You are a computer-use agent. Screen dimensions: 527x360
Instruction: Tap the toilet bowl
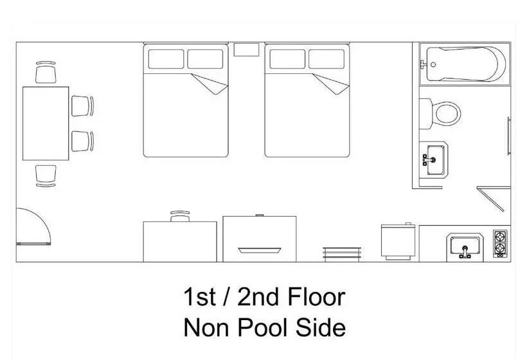446,113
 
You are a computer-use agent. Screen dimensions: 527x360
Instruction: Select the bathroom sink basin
436,160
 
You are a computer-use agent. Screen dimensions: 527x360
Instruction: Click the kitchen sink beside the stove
465,246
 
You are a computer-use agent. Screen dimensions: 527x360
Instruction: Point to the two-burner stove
501,244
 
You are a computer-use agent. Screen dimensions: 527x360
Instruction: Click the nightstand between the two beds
246,50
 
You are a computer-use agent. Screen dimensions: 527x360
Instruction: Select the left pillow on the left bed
166,59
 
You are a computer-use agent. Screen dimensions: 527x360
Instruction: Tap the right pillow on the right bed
326,59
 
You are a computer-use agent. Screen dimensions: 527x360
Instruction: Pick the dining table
46,123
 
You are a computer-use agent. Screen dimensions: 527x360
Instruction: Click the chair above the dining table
46,72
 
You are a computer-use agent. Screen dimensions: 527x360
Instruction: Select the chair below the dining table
46,175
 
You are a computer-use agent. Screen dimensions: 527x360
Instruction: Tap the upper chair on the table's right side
82,106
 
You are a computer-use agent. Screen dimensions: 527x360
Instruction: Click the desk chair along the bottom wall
180,217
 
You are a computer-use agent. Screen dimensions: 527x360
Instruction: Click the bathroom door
491,199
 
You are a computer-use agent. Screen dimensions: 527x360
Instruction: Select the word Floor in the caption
316,297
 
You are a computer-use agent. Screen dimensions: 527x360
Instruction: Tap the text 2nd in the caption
258,297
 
